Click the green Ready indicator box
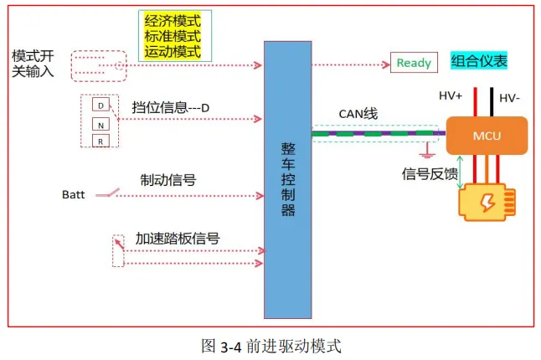(414, 64)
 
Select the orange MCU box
(487, 135)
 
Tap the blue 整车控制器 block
(288, 178)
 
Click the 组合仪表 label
(479, 61)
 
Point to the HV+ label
(452, 95)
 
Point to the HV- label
(510, 99)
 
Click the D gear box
(100, 106)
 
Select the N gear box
(100, 124)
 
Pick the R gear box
(100, 141)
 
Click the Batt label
(74, 195)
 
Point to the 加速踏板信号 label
(178, 238)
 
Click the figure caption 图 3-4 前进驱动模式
(271, 344)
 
